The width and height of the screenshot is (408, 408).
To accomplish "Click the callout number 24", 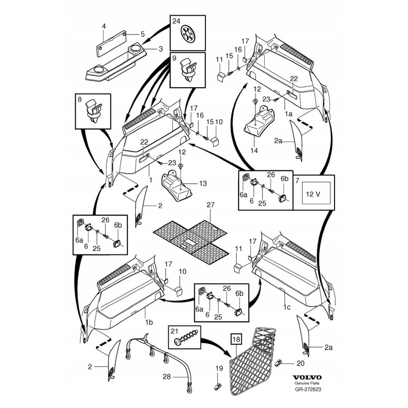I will point(176,21).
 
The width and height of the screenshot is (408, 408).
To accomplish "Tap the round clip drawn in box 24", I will point(189,35).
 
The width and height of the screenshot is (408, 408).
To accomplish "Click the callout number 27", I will point(208,205).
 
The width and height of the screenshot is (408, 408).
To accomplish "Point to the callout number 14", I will point(255,151).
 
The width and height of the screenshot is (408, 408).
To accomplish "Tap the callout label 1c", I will point(287,308).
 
